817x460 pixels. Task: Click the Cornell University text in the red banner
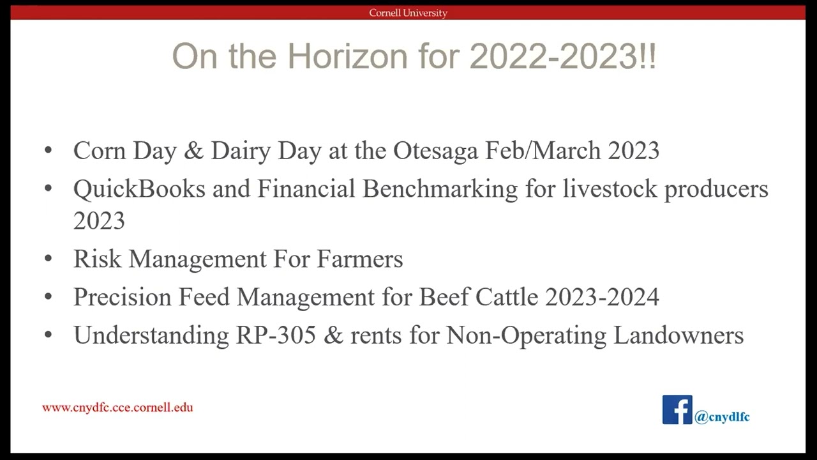click(408, 13)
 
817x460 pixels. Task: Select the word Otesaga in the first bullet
click(435, 151)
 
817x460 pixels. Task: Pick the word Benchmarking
click(440, 189)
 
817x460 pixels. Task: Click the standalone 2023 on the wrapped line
click(99, 221)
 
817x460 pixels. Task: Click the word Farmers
click(360, 259)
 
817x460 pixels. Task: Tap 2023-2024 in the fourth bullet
click(602, 297)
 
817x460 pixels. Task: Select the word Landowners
click(678, 335)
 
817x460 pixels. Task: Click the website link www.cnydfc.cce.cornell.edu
click(117, 408)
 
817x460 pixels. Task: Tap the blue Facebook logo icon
click(677, 410)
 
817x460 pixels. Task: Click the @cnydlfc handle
click(722, 417)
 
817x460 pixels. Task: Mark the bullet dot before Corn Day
click(49, 151)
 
